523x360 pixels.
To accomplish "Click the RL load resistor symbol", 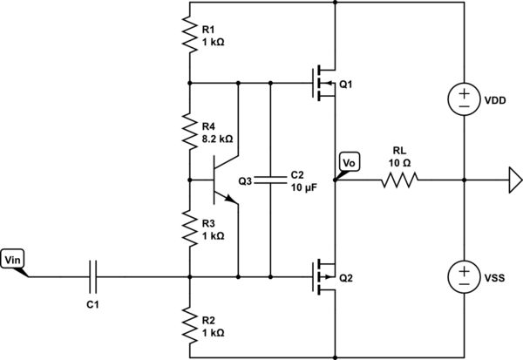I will [398, 180].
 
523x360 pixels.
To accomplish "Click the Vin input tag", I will [15, 260].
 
